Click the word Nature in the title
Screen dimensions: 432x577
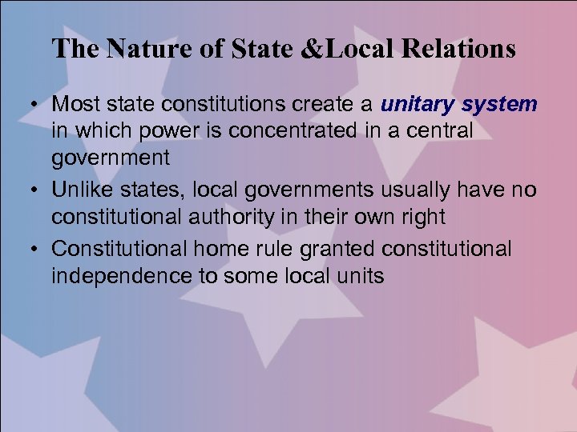151,50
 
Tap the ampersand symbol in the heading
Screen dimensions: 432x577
310,50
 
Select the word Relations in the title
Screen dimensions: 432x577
459,50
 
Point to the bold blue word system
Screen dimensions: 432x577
498,105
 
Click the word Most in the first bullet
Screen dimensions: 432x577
75,104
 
